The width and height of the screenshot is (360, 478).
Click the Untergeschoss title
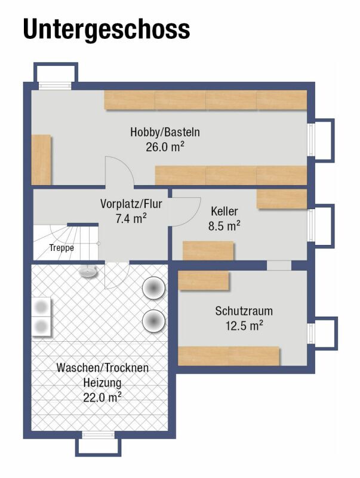click(x=106, y=29)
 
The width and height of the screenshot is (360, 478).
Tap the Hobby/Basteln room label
click(x=165, y=132)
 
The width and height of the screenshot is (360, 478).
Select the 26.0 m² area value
click(x=165, y=147)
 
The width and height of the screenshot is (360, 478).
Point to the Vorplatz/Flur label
click(x=131, y=204)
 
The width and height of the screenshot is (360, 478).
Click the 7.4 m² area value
click(x=131, y=218)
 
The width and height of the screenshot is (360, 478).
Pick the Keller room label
click(x=224, y=211)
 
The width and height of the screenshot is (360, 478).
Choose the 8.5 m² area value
click(x=224, y=226)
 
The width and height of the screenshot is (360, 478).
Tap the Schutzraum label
click(x=244, y=311)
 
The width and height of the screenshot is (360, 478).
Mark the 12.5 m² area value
click(x=244, y=326)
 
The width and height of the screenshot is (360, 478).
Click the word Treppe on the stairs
click(x=61, y=248)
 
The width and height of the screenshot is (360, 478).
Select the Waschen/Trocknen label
click(x=103, y=367)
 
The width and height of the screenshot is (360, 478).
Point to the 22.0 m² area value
click(x=103, y=397)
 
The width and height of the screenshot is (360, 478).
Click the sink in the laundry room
click(x=88, y=271)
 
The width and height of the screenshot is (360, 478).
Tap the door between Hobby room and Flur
click(x=119, y=171)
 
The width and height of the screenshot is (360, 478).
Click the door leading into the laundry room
click(x=117, y=275)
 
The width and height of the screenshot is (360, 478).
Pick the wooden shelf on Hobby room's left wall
click(x=41, y=160)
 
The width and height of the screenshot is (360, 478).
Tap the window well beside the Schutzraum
click(x=326, y=333)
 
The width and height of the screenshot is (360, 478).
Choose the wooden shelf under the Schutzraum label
click(x=229, y=356)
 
